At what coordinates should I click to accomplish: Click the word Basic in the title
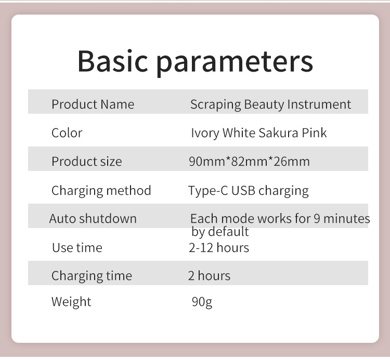113,61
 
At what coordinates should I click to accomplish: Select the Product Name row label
93,104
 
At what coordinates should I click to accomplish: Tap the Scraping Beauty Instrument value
270,104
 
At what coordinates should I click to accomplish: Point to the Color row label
67,132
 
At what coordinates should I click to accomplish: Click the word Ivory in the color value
205,132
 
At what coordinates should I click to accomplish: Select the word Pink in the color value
314,132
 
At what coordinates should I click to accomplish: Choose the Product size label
86,161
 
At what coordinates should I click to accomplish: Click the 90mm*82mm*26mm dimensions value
249,161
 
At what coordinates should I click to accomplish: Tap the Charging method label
101,190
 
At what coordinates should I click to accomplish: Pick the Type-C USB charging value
248,191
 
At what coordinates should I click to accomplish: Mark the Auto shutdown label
93,218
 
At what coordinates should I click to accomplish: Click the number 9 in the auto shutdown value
317,218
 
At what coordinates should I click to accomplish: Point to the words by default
220,231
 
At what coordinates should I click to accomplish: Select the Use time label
77,247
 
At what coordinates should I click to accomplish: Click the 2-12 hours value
218,247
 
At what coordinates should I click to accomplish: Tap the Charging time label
92,275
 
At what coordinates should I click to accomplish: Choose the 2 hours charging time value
209,275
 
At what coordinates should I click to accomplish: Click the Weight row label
71,301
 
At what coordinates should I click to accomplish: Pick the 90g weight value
202,302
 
